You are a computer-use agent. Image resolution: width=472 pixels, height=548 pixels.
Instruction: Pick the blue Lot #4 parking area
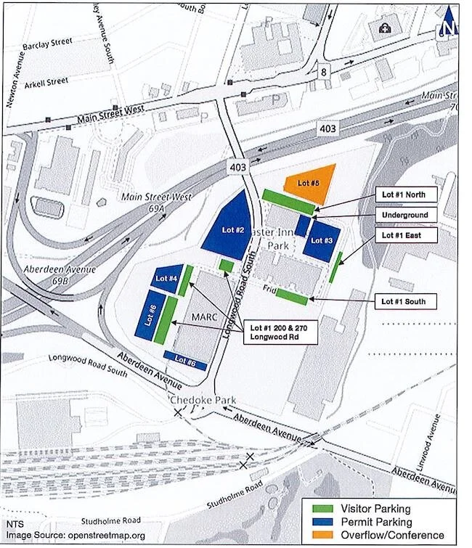168,279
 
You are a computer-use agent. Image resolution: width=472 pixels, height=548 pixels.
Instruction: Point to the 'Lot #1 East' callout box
406,235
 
